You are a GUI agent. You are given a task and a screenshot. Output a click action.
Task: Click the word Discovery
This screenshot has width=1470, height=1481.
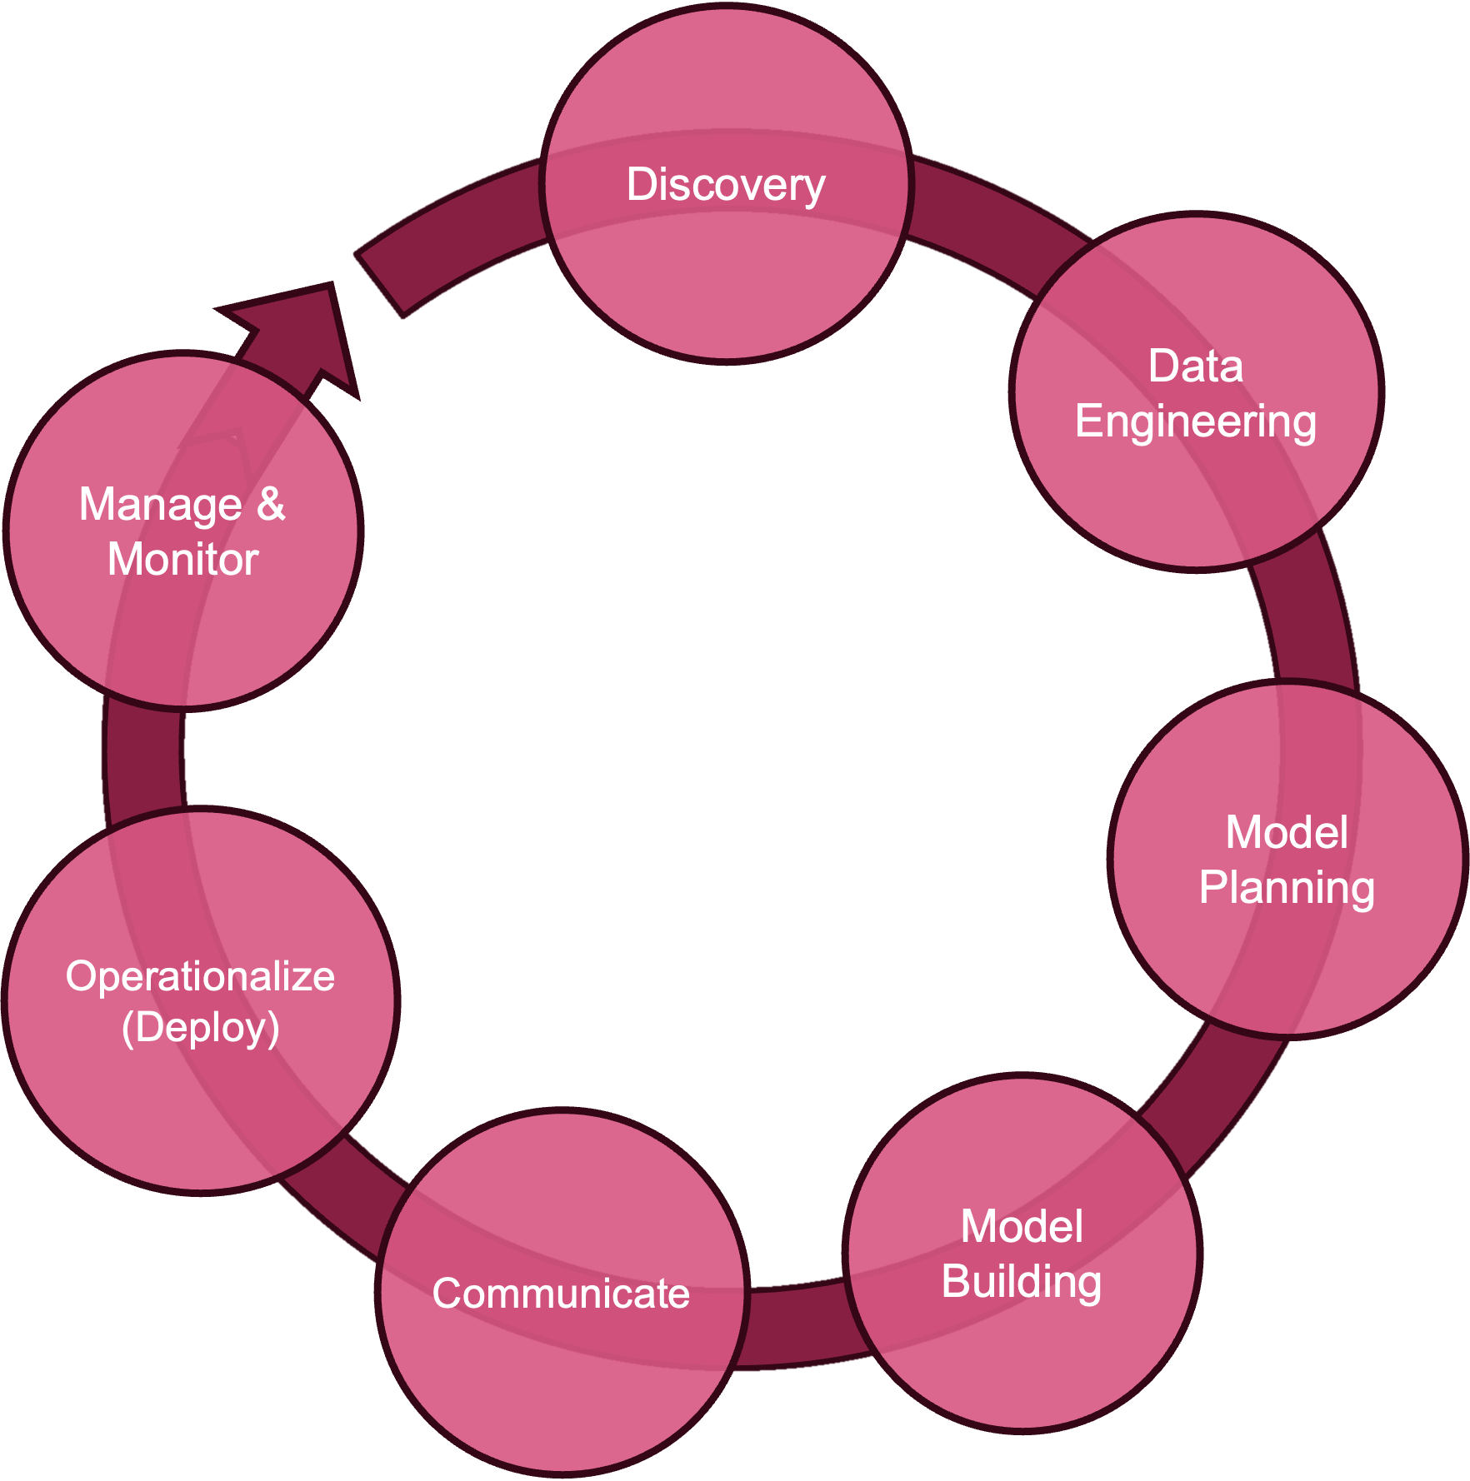[726, 185]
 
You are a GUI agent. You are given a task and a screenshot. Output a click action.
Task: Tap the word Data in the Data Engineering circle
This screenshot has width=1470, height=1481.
[1196, 366]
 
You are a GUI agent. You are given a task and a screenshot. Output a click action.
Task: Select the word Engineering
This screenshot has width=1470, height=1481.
[1196, 422]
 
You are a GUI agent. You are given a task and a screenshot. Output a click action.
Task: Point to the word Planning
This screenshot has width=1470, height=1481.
[1287, 889]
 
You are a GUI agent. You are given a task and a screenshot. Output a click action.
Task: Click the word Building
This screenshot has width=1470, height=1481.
[1022, 1283]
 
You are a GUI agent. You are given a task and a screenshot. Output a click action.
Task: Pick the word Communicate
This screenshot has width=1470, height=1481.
[561, 1294]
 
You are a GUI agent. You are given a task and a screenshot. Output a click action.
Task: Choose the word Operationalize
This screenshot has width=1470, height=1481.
[200, 977]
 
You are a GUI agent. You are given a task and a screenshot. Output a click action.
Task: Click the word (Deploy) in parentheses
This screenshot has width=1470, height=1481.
[200, 1028]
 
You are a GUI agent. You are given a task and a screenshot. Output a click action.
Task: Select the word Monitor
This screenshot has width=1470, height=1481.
[183, 559]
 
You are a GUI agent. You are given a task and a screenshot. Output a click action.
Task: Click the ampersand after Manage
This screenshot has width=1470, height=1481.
[271, 504]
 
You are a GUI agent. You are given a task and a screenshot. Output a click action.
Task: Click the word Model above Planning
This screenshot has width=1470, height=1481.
[1287, 832]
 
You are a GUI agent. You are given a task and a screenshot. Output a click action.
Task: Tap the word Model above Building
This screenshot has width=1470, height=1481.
[1022, 1226]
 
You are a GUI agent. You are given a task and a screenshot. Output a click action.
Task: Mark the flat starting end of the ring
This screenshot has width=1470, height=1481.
[379, 284]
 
